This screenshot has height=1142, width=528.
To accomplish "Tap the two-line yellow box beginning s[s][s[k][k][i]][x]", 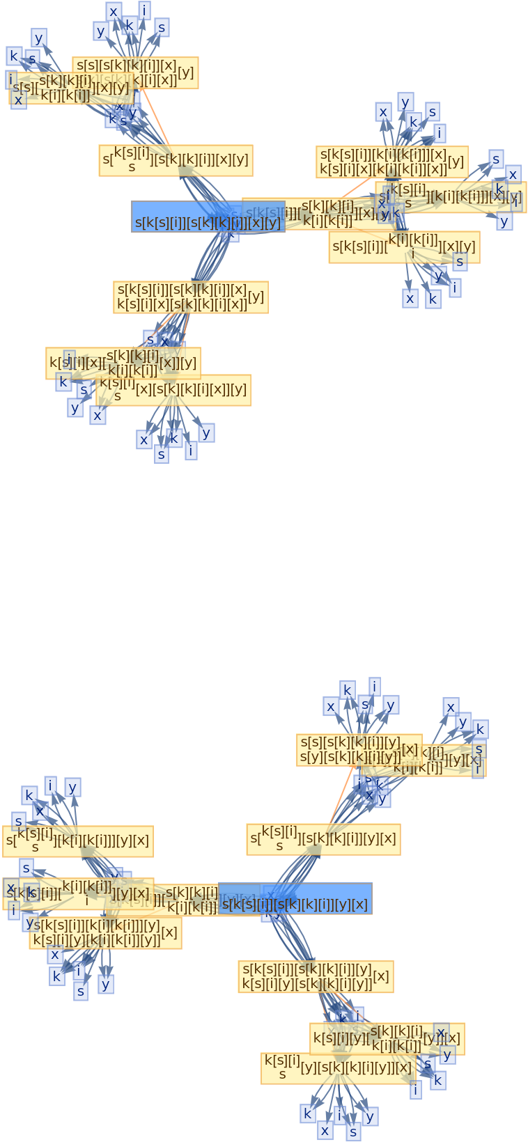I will point(135,67).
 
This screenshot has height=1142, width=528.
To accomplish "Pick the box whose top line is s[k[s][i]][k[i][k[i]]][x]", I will point(391,162).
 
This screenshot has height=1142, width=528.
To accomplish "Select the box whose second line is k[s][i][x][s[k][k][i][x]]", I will point(190,297).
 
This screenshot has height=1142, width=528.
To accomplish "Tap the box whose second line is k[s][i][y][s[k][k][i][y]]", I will point(316,977).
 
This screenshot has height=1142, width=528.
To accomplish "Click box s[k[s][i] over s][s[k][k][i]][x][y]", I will point(176,161).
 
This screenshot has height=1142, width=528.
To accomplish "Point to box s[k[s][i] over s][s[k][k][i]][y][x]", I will point(323,839).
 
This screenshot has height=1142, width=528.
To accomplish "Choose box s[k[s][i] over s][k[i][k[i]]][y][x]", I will point(78,841).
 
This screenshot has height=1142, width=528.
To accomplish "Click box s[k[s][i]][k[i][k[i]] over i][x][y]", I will point(404,247).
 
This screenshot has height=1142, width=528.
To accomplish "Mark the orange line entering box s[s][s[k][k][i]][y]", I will point(341,794).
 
